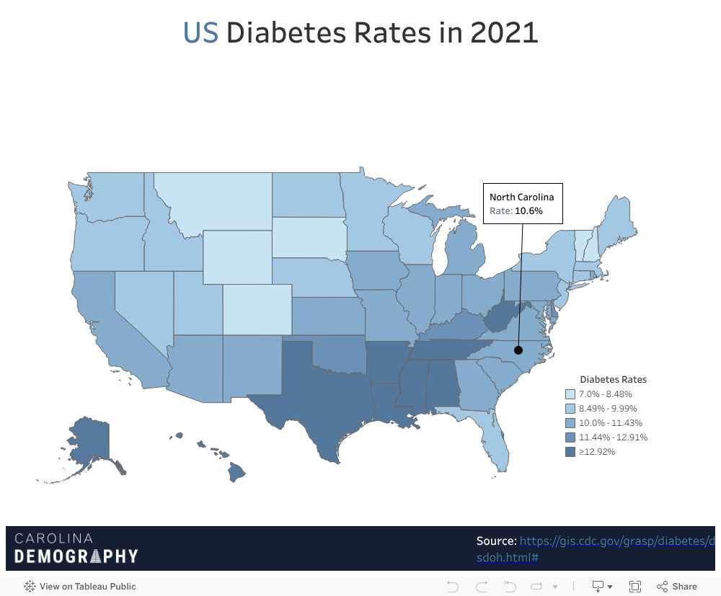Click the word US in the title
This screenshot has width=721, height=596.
pos(200,32)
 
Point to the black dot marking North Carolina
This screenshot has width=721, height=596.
pos(518,350)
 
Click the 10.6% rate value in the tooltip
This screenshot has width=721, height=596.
pos(528,211)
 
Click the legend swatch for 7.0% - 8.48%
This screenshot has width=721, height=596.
pos(570,394)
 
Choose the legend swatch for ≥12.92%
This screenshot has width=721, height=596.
pos(570,452)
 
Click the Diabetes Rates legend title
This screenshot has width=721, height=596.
pos(613,379)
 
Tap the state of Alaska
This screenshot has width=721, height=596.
pos(90,443)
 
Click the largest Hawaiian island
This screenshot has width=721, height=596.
pos(236,473)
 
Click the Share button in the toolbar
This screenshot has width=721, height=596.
pos(677,586)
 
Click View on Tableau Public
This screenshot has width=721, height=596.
pos(80,586)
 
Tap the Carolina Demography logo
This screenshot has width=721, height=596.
pos(76,548)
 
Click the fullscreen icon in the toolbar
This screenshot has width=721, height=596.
pos(635,586)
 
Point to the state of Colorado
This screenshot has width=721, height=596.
pos(256,308)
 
